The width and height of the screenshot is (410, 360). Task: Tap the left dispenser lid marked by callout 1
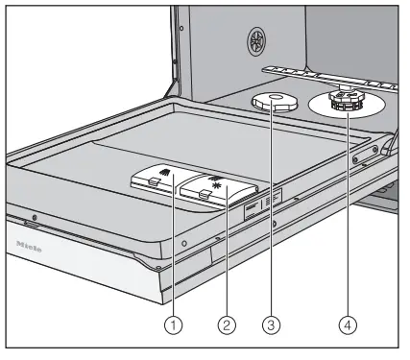pyautogui.click(x=156, y=180)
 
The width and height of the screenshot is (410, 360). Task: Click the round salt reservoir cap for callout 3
pyautogui.click(x=275, y=103)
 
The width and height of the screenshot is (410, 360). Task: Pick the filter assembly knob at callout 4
pyautogui.click(x=344, y=104)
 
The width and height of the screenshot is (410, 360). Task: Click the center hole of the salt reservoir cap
pyautogui.click(x=274, y=97)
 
